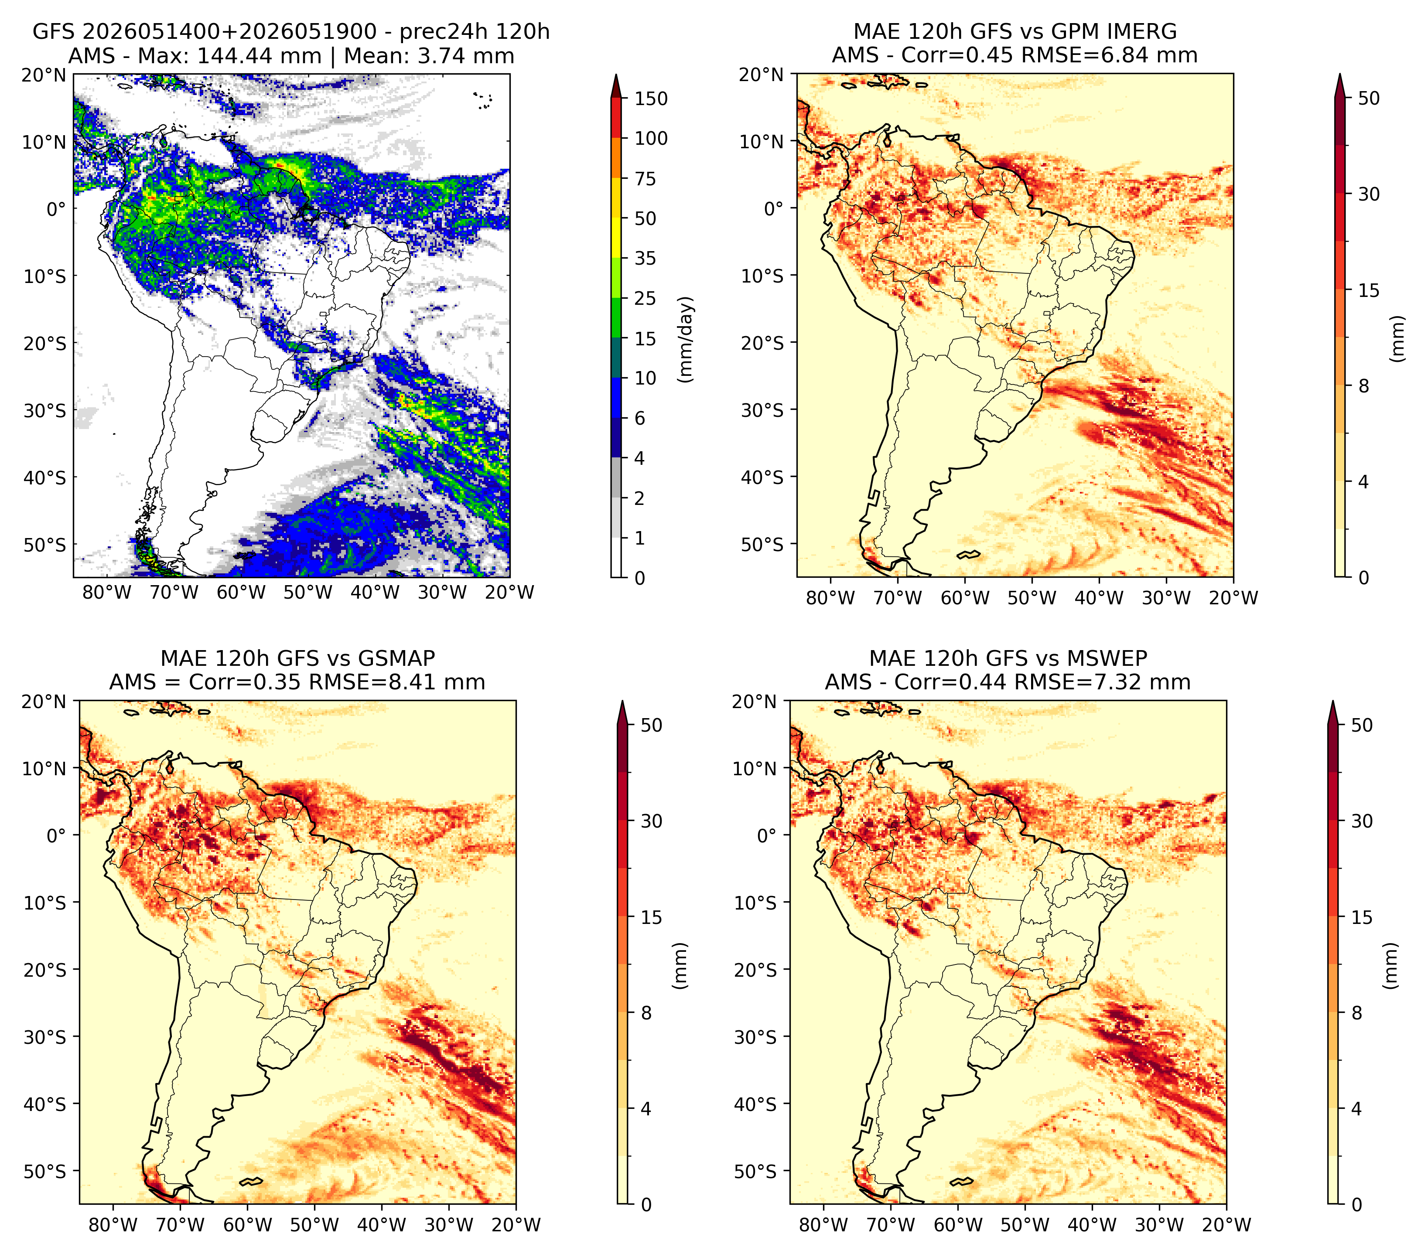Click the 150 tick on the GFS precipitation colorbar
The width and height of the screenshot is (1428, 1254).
click(x=650, y=99)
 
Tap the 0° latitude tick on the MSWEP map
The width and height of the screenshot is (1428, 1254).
click(x=767, y=835)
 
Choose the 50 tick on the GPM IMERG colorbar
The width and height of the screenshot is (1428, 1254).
click(x=1369, y=99)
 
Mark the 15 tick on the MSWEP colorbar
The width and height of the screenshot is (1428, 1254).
click(x=1362, y=917)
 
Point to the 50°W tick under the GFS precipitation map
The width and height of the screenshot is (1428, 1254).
click(x=308, y=592)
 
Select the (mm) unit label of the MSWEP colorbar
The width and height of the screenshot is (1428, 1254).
click(x=1391, y=966)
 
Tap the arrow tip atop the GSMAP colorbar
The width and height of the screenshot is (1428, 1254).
click(x=622, y=702)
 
